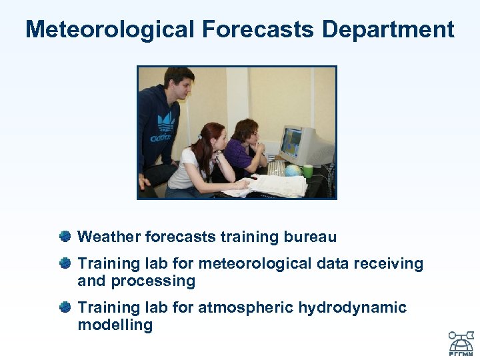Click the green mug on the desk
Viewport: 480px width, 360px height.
(x=307, y=171)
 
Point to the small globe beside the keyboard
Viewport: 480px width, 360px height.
(x=292, y=171)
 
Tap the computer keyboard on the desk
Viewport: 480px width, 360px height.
(x=275, y=168)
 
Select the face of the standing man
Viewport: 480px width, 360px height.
(x=181, y=85)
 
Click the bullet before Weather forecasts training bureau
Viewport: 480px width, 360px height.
(x=65, y=237)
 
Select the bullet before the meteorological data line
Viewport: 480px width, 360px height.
(x=65, y=264)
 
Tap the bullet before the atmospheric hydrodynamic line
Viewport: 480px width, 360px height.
(x=65, y=307)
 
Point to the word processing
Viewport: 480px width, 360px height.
(x=153, y=281)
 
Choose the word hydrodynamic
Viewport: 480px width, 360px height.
(x=352, y=308)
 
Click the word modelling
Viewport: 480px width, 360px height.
(x=115, y=325)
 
